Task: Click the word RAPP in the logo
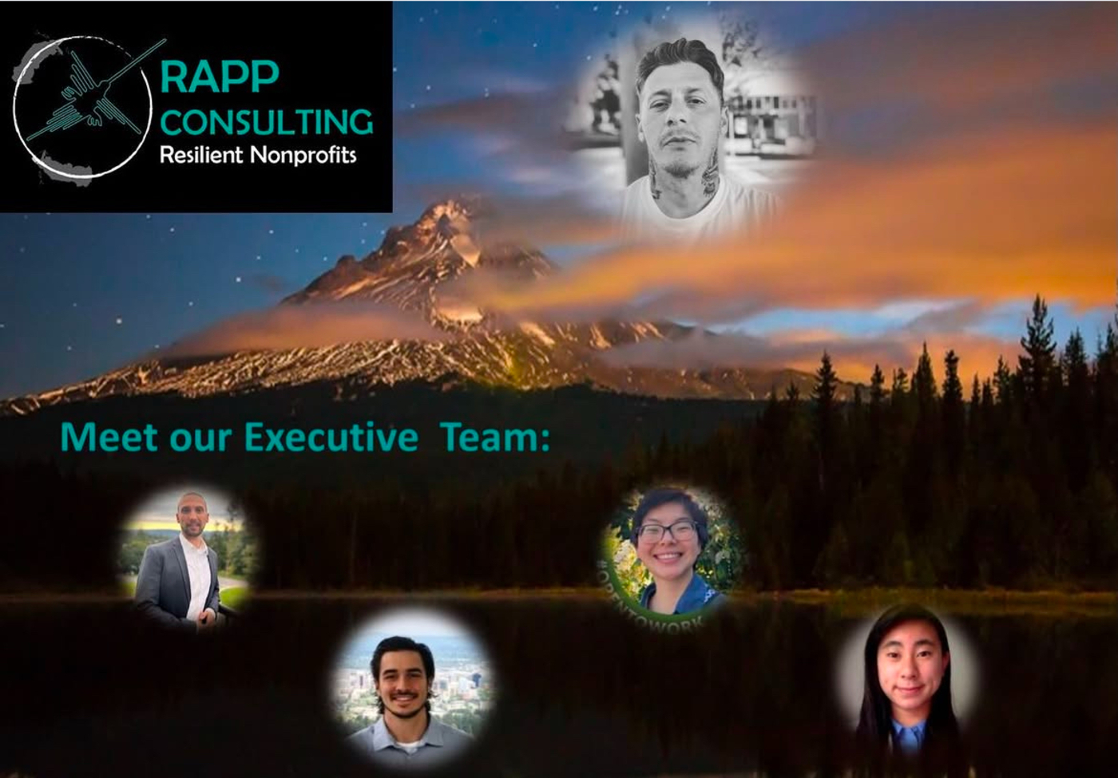click(220, 77)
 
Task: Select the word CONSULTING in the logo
click(267, 122)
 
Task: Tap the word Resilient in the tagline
click(200, 154)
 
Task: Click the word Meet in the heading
click(111, 437)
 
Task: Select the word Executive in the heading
click(331, 437)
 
